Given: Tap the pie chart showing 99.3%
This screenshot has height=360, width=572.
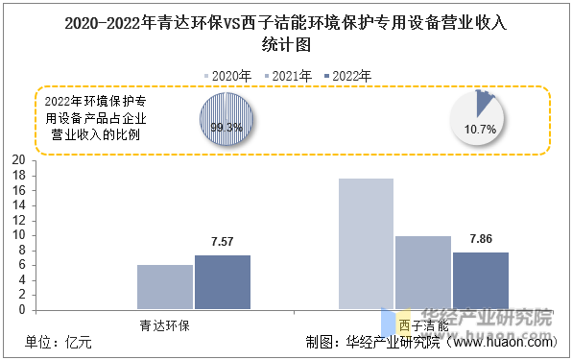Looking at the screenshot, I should (226, 120).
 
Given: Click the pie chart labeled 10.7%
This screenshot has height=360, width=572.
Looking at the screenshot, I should (480, 120).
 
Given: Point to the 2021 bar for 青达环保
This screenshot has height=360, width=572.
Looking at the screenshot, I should (165, 287).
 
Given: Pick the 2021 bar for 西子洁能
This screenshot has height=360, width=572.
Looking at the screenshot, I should (423, 273).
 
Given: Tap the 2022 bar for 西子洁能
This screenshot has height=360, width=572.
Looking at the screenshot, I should (481, 280).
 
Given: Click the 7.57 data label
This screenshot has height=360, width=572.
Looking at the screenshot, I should (223, 243).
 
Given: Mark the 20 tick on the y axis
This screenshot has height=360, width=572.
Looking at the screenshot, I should (18, 160).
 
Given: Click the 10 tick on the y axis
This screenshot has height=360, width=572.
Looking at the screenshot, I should (18, 235).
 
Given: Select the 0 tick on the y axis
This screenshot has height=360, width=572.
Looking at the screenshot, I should (22, 310).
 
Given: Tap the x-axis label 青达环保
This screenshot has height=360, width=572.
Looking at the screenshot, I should (164, 324).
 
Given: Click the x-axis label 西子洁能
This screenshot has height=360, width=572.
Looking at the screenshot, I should (422, 324).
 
